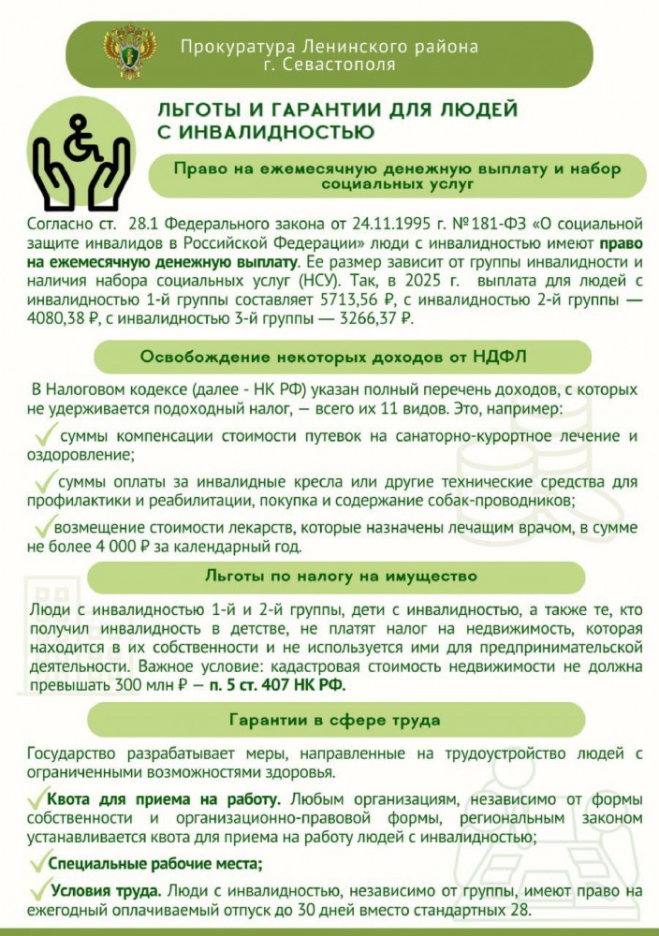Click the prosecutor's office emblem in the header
[x=123, y=52]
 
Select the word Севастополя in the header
[x=340, y=66]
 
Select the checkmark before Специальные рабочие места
[x=38, y=861]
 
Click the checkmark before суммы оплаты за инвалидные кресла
[x=44, y=480]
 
